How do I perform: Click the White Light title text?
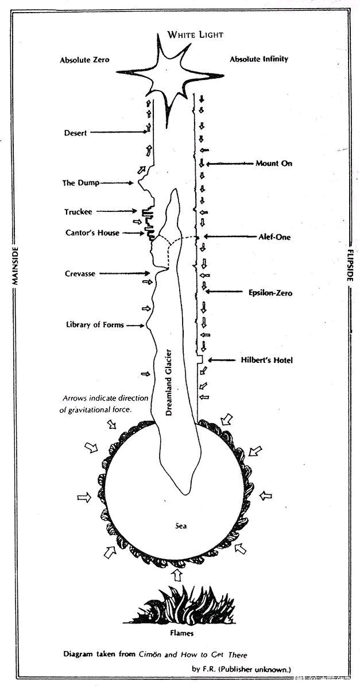coord(195,34)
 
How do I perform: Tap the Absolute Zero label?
coord(84,60)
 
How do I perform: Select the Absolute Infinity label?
coord(259,59)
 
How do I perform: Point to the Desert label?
coord(75,133)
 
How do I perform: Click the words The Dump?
coord(81,183)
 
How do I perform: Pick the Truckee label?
coord(78,212)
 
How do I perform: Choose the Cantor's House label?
coord(92,233)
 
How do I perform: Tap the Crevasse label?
coord(80,273)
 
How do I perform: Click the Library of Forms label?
coord(95,324)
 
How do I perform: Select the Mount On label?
coord(274,163)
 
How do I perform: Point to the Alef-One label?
coord(274,237)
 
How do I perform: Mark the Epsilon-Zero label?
coord(270,292)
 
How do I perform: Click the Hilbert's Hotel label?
coord(267,360)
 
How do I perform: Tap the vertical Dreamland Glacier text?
coord(169,382)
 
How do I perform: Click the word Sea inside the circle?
coord(181,526)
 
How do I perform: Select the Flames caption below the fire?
coord(182,633)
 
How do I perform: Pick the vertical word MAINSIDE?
coord(15,266)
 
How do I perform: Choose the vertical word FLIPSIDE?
coord(350,265)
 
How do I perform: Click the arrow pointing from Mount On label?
coord(231,164)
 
